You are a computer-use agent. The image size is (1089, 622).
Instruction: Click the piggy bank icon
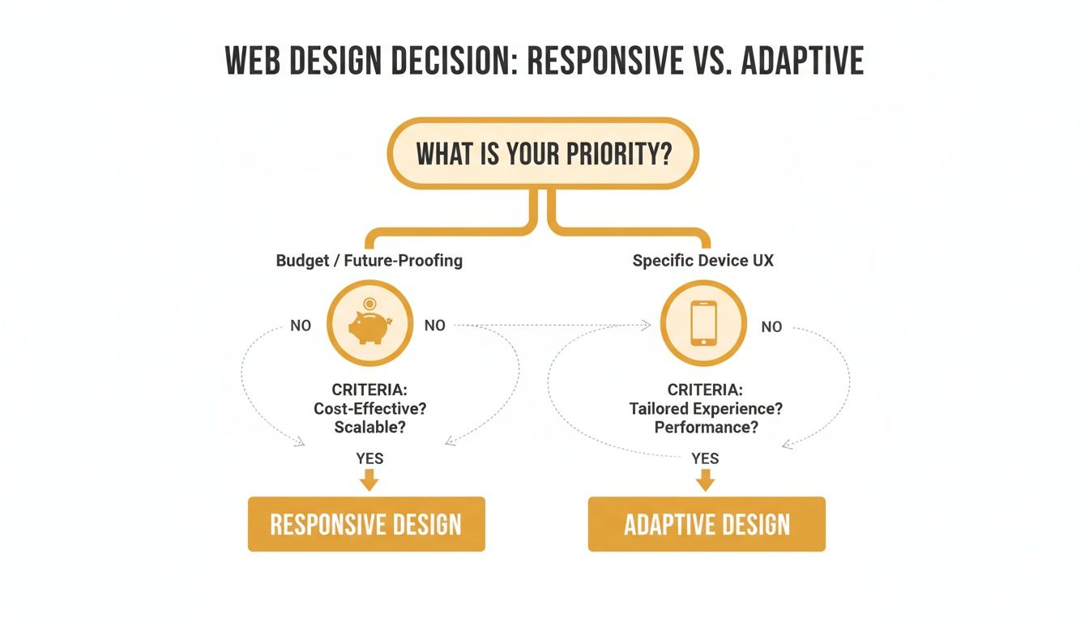click(x=369, y=326)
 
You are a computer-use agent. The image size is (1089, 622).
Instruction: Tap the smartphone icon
click(x=703, y=324)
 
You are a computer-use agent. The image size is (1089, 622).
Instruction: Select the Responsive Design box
click(x=366, y=524)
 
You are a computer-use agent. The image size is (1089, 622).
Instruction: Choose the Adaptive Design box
click(x=707, y=524)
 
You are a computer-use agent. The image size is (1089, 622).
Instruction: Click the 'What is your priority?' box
click(x=543, y=154)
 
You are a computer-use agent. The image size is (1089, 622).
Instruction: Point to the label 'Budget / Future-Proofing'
click(x=369, y=261)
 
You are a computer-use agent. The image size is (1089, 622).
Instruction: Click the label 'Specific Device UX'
click(x=703, y=261)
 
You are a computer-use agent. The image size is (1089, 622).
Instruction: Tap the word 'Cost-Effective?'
click(x=369, y=408)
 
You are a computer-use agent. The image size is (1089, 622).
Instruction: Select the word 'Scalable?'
click(x=369, y=427)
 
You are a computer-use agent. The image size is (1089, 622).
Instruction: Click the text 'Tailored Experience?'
click(x=706, y=408)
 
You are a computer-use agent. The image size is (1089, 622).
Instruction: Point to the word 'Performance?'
click(x=706, y=427)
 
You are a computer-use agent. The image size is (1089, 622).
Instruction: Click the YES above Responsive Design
click(x=369, y=458)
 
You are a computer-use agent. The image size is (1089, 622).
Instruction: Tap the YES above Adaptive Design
click(x=706, y=458)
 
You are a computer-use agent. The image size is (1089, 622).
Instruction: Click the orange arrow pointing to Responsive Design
click(x=369, y=480)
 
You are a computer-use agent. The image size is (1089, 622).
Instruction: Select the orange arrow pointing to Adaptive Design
click(x=706, y=480)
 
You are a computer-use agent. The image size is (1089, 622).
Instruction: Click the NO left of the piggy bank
click(x=301, y=326)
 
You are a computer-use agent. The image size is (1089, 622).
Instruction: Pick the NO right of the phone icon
click(x=771, y=326)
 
